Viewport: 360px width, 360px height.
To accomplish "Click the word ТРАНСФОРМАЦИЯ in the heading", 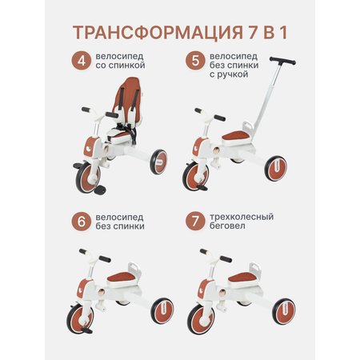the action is [158, 33].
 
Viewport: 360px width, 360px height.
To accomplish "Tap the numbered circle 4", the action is [82, 61].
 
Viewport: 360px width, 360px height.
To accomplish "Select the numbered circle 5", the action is [195, 61].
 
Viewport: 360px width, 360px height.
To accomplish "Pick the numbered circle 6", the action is [82, 222].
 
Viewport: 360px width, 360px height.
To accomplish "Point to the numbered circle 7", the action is [195, 222].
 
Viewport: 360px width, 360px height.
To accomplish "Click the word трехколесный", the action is [242, 217].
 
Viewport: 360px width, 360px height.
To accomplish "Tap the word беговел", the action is [227, 226].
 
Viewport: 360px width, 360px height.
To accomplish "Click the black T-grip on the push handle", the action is [282, 61].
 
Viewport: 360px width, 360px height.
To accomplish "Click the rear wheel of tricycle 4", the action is [158, 162].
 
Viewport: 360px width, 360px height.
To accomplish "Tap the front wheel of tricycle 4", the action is [87, 177].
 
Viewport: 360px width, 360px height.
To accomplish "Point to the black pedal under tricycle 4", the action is [100, 190].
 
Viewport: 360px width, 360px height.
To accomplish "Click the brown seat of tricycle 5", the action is [236, 136].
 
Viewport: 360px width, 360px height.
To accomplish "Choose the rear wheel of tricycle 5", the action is [276, 169].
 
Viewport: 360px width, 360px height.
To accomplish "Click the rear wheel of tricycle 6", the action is [162, 310].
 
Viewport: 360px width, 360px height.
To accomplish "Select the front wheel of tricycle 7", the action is [202, 319].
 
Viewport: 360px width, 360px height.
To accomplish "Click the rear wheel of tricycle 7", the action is [284, 311].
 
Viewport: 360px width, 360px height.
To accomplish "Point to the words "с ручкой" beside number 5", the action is [229, 74].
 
